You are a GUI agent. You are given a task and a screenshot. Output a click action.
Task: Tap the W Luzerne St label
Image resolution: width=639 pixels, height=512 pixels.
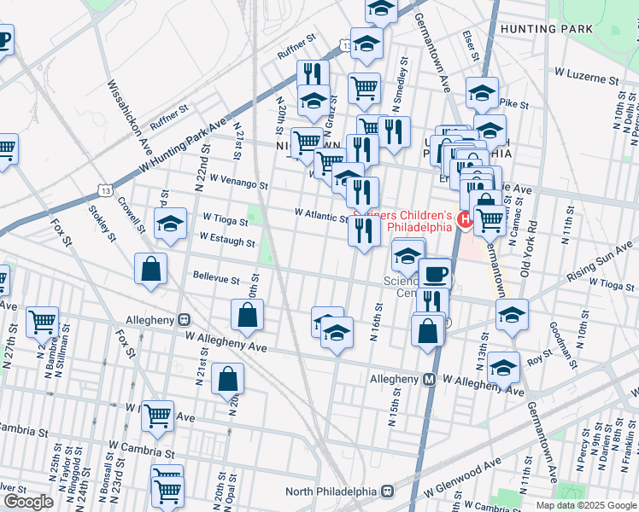(586, 78)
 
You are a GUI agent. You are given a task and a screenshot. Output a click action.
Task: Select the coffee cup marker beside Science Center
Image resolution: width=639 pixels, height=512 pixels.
(435, 273)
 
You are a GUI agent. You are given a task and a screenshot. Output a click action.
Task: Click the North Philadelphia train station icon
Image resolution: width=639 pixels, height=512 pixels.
(387, 492)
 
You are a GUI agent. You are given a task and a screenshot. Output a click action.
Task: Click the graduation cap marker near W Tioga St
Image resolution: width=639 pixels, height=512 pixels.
(170, 224)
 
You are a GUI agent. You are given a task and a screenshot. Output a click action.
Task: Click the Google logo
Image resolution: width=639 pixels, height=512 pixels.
(28, 502)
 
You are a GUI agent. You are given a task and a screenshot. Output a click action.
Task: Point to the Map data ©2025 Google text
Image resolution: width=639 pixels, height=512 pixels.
(586, 505)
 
